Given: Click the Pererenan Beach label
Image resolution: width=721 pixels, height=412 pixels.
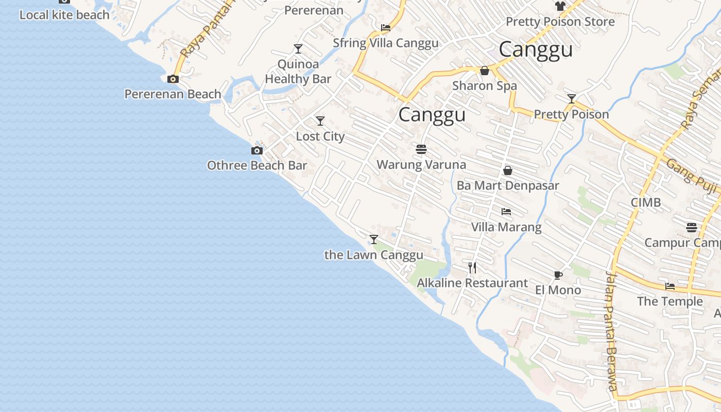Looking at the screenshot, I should [173, 94].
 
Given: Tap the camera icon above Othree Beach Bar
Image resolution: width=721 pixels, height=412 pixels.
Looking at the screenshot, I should [256, 150].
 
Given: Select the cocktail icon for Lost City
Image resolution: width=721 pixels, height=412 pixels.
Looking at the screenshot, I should [320, 121].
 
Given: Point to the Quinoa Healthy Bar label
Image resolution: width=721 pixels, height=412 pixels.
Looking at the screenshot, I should [298, 72].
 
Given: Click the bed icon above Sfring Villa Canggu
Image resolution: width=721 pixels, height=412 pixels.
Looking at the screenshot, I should [385, 28].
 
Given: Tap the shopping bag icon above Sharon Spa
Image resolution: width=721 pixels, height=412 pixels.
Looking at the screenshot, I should [485, 71].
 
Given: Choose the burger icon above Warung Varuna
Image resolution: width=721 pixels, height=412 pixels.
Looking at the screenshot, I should [421, 149].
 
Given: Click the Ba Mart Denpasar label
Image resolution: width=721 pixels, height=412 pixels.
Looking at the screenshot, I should [508, 185].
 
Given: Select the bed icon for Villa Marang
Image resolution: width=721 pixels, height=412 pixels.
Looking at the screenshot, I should [506, 212].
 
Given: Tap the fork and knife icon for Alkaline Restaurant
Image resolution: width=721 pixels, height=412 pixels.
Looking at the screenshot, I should [472, 268].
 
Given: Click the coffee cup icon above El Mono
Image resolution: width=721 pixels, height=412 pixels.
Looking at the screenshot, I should [558, 275].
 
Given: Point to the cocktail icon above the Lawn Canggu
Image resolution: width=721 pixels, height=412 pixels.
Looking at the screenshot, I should [374, 239].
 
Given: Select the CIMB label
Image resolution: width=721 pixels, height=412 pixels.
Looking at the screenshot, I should [646, 202].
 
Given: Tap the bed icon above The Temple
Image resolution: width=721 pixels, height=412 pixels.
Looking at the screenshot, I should [669, 286].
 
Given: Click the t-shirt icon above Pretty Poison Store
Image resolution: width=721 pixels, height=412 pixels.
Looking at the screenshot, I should [560, 6].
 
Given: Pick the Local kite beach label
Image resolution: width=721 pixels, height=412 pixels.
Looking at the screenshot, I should [64, 15].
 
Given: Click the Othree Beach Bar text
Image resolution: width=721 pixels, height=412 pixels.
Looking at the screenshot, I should [257, 165].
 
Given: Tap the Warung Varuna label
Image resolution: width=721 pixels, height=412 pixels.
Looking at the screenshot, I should [421, 165].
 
